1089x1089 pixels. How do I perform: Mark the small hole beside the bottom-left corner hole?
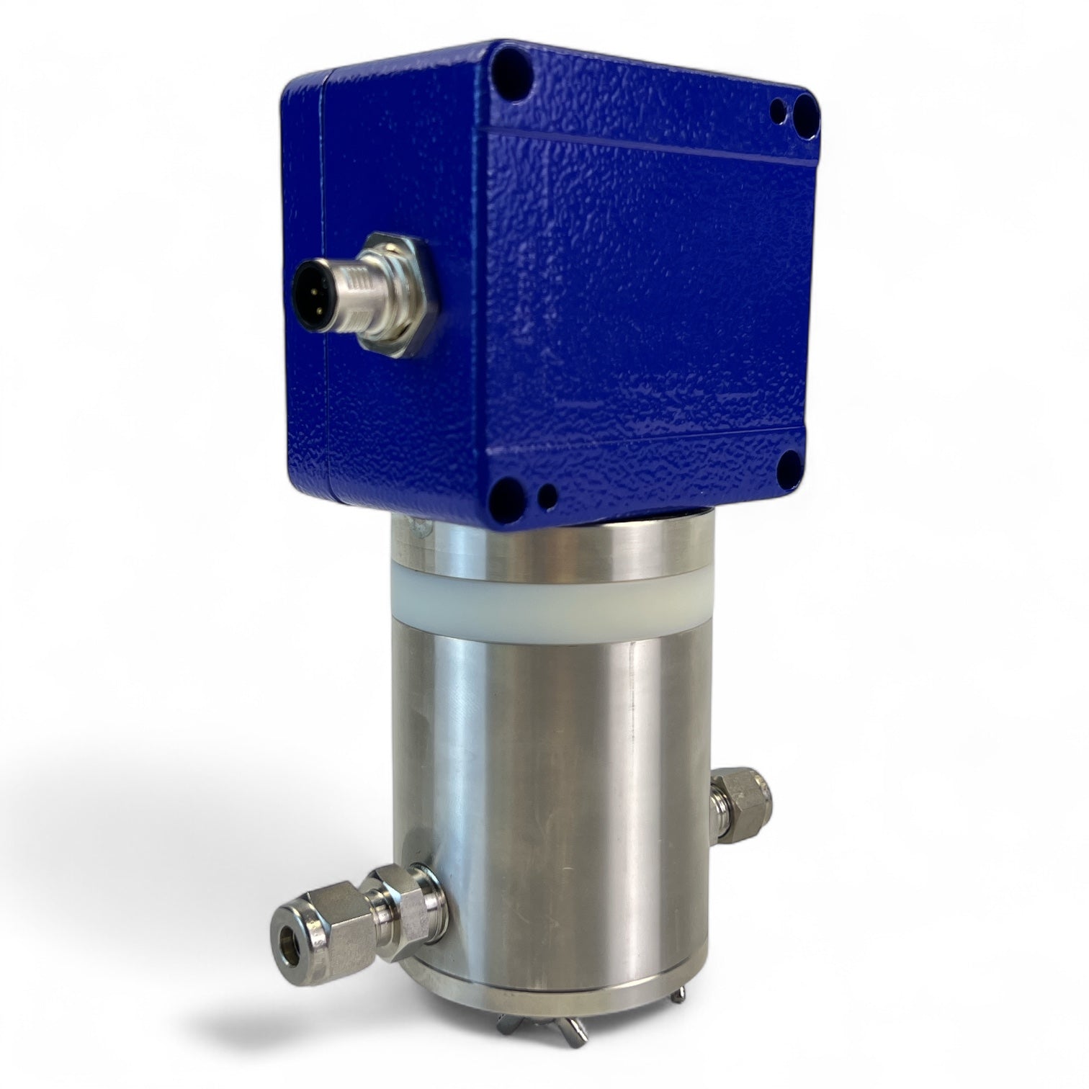pyautogui.click(x=549, y=494)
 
